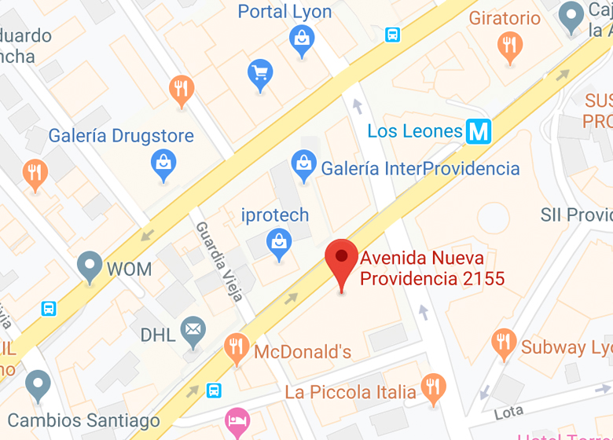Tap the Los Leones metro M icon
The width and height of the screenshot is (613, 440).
coord(478,131)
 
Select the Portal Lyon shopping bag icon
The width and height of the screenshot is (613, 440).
coord(302,38)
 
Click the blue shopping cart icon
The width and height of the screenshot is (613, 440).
coord(260,74)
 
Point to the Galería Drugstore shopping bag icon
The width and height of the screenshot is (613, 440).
coord(163,163)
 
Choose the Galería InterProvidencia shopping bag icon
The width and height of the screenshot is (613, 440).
coord(303,165)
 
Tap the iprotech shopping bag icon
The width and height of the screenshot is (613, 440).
coord(278,241)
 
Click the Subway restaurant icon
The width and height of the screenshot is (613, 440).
coord(504,343)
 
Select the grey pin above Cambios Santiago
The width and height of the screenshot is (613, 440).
coord(38,385)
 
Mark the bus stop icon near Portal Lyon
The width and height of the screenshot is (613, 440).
coord(392,35)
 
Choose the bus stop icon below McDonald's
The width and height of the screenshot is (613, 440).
coord(214,390)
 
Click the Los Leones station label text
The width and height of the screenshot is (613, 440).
coord(415,131)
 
